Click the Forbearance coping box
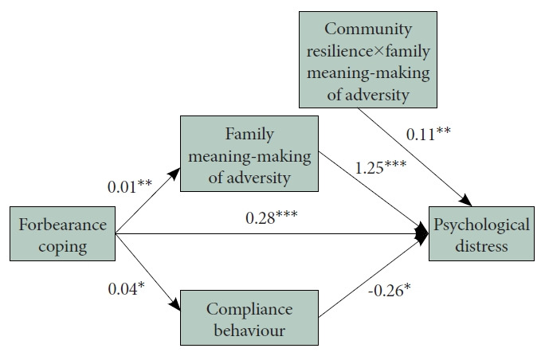click(x=63, y=233)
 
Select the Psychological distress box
click(x=481, y=233)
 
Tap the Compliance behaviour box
click(x=249, y=318)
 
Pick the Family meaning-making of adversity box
click(x=249, y=154)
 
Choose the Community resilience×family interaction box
click(x=368, y=60)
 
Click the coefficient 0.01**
click(x=130, y=186)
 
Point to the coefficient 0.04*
click(x=126, y=289)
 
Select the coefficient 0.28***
click(x=272, y=218)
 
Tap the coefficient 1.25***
click(x=381, y=167)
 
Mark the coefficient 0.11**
click(x=428, y=134)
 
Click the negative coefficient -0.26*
click(x=390, y=290)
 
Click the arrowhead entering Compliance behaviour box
click(x=175, y=304)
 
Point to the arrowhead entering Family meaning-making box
click(x=175, y=174)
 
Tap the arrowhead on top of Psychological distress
click(x=466, y=201)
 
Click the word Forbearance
click(x=63, y=225)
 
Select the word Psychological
click(x=481, y=225)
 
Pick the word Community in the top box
click(x=368, y=29)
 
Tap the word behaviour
click(x=249, y=330)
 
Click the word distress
click(x=481, y=246)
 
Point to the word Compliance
click(x=249, y=309)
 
